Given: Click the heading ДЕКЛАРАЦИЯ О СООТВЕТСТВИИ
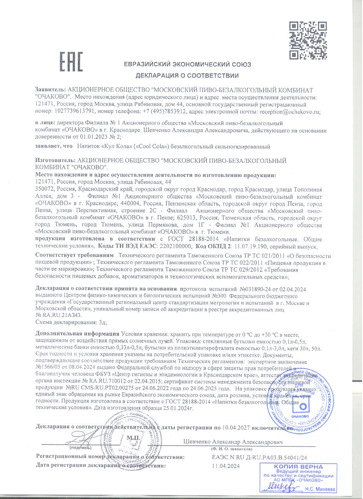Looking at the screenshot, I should click(x=187, y=76).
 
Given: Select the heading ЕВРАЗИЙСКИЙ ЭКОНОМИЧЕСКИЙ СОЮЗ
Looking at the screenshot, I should click(x=187, y=65).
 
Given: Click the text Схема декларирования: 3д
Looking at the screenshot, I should click(x=71, y=322).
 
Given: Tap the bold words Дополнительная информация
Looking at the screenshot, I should click(x=78, y=334).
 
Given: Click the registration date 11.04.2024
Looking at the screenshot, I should click(x=226, y=466).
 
